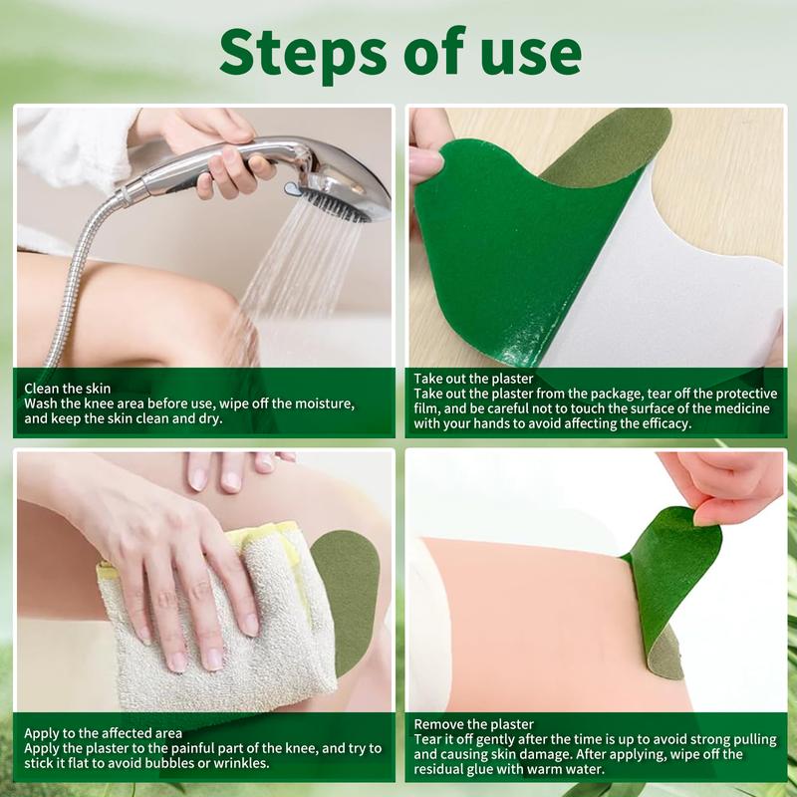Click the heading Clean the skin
tap(68, 388)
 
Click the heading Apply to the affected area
tap(103, 733)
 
